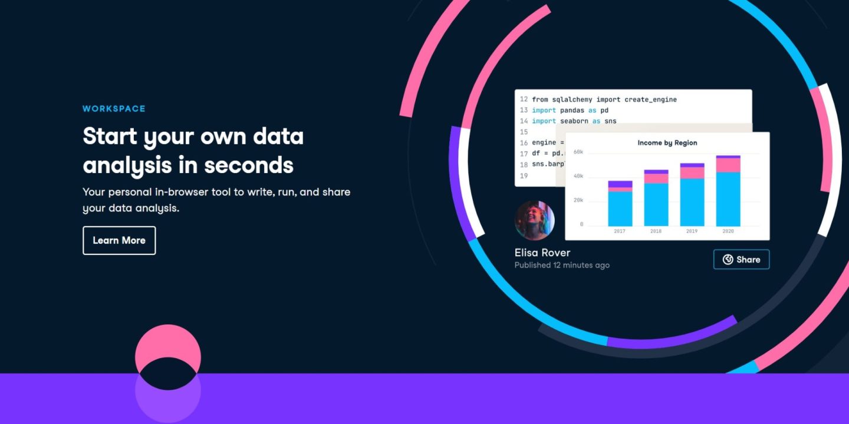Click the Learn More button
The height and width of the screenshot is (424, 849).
point(119,240)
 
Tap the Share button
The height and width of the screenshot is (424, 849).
point(741,259)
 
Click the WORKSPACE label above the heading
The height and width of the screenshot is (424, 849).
point(114,108)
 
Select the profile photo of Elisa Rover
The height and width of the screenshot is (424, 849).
point(534,220)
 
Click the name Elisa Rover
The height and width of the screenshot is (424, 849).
point(542,253)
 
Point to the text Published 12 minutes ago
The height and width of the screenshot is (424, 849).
point(562,265)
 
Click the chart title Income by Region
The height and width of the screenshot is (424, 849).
point(667,143)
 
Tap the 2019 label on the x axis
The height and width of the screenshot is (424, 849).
point(692,231)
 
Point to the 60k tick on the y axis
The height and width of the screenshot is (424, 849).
point(578,152)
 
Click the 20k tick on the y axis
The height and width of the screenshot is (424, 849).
point(578,200)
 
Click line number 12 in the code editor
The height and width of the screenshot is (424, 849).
point(524,100)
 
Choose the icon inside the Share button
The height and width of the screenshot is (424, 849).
point(728,259)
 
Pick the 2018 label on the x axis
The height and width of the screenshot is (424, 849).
point(656,231)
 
